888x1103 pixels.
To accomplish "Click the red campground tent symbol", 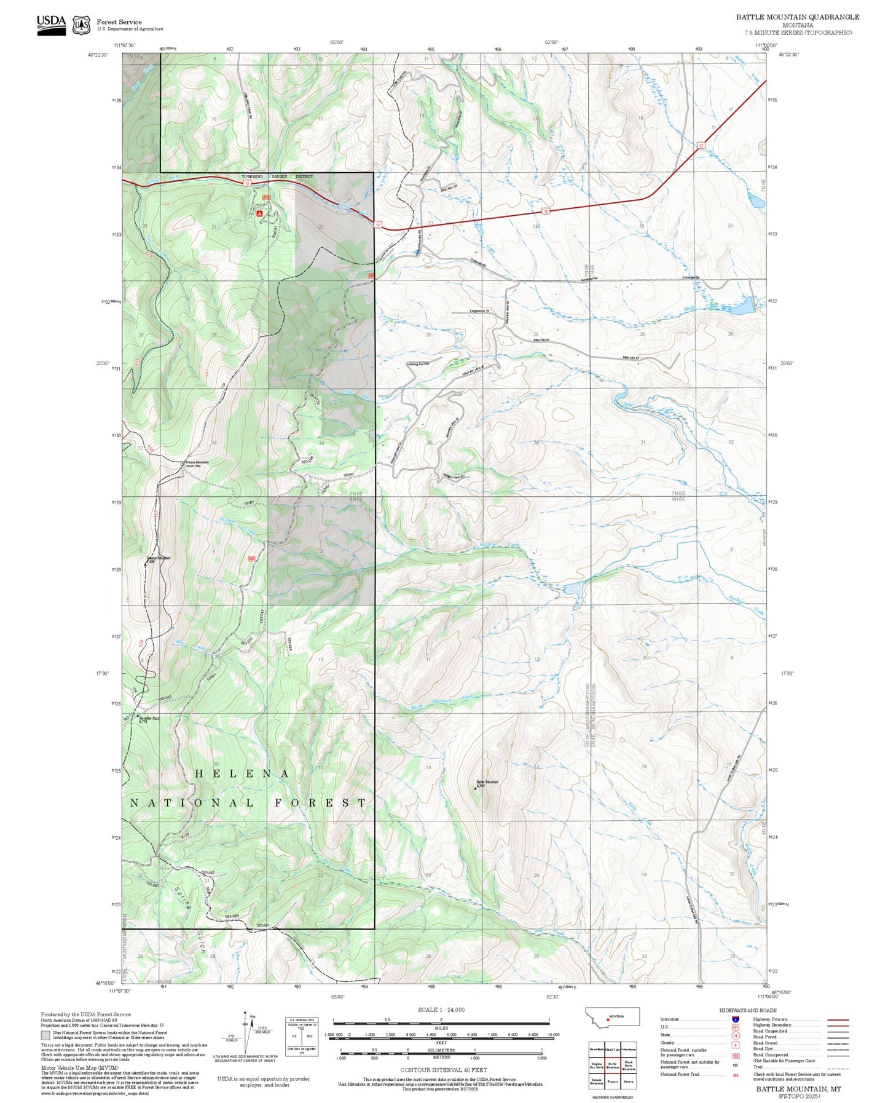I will (x=259, y=213).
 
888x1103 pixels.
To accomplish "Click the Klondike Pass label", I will (x=143, y=718).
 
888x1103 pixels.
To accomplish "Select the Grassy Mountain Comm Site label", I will (x=194, y=464).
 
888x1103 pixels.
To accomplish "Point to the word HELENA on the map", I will (x=242, y=773).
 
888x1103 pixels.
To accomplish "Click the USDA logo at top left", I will (x=51, y=24).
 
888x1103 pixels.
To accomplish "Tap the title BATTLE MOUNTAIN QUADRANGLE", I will (x=798, y=17).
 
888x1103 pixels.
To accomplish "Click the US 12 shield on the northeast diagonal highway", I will (x=701, y=146).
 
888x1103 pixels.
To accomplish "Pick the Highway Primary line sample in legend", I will (x=838, y=1019).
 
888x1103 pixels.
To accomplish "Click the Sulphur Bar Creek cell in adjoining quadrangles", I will (x=596, y=1064).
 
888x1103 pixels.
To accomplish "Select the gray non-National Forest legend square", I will (x=45, y=1035).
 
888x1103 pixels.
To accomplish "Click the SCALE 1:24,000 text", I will (x=441, y=1010).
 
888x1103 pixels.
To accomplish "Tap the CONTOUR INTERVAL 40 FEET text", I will (x=443, y=1070).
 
